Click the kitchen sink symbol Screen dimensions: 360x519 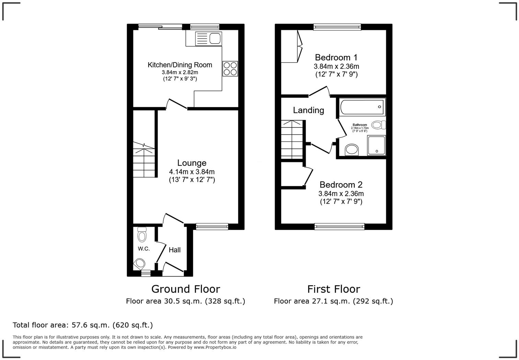208,38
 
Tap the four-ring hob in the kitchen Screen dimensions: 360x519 230,68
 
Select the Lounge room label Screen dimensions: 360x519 192,163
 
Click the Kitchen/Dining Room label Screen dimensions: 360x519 180,65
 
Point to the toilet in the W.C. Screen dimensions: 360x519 142,235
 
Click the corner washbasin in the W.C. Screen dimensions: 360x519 140,263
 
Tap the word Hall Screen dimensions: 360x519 174,250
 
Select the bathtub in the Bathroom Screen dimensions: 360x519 362,107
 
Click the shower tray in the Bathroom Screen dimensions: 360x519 377,145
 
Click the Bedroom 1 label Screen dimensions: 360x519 336,57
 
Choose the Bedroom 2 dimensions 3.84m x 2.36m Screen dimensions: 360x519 341,194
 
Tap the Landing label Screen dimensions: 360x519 308,110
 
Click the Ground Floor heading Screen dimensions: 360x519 185,289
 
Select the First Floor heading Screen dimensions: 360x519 333,289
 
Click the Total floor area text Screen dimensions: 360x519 83,325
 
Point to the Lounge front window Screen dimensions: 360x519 212,226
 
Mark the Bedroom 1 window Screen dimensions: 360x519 337,27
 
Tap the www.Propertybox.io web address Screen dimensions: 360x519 215,347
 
